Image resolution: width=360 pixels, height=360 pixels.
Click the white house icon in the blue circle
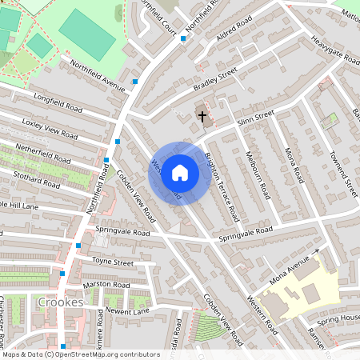click(180, 172)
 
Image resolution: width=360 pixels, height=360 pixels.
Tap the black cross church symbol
click(202, 117)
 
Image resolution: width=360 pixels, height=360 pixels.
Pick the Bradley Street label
click(215, 79)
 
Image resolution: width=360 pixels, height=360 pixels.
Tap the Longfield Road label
click(58, 102)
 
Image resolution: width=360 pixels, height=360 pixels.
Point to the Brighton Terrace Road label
click(222, 186)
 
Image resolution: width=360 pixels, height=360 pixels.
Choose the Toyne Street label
click(112, 261)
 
